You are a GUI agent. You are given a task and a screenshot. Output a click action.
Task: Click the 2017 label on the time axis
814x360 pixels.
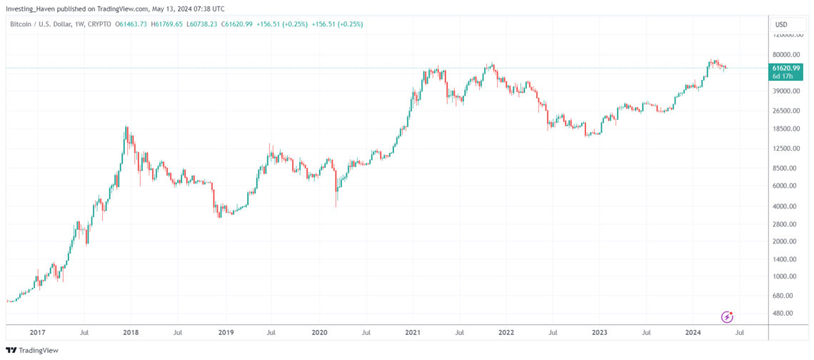click(39, 332)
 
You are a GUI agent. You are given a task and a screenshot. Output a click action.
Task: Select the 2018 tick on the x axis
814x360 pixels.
click(131, 332)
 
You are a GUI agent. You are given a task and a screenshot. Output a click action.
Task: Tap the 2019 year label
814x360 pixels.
click(225, 332)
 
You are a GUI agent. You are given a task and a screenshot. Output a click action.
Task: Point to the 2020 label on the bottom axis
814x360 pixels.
click(319, 332)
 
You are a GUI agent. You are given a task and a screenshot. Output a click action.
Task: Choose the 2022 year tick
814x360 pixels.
click(506, 332)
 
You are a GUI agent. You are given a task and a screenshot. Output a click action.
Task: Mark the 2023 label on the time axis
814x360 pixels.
click(601, 332)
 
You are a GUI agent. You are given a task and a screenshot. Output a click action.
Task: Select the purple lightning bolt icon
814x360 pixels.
click(727, 316)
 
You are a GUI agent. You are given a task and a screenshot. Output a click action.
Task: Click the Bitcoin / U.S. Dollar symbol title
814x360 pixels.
click(47, 24)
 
